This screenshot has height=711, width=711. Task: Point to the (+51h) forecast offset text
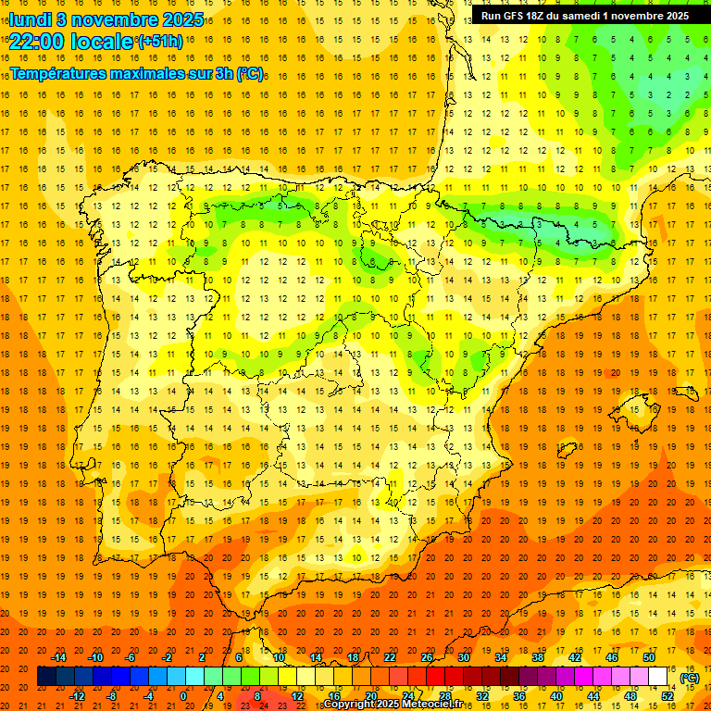(x=160, y=42)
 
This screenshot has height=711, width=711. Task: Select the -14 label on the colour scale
(x=58, y=657)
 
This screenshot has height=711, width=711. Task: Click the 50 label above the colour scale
(x=649, y=657)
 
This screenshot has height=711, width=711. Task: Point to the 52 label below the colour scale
(x=667, y=696)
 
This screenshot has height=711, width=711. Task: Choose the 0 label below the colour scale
(x=183, y=696)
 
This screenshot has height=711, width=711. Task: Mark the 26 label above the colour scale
(x=427, y=657)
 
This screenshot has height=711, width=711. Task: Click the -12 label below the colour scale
(x=77, y=696)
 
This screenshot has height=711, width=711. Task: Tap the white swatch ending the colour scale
(x=658, y=677)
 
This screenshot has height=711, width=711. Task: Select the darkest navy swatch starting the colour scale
(x=46, y=677)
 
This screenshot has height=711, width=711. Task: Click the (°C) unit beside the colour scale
(x=690, y=678)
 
